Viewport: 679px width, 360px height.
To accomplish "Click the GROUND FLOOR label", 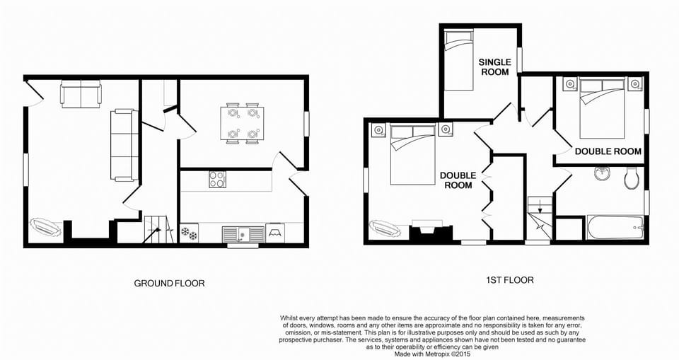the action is [169, 284].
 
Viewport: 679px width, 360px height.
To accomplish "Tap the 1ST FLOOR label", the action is [510, 280].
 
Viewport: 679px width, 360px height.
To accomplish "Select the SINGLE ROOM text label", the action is [495, 67].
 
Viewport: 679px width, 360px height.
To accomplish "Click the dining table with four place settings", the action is [241, 124].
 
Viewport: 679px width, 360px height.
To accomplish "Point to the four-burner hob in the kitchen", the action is [217, 180].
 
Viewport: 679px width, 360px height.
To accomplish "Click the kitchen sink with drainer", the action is [243, 234].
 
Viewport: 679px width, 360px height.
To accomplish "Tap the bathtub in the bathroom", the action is [615, 228].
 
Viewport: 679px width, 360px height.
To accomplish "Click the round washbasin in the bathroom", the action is [602, 173].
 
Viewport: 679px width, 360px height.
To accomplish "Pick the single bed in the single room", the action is [459, 59].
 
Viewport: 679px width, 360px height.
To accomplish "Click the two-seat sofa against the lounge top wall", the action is [81, 93].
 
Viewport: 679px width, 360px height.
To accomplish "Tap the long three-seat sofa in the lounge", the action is [124, 145].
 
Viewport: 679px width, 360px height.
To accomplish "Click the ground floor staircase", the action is [158, 229].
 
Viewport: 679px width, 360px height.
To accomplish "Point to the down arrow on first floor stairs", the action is [540, 208].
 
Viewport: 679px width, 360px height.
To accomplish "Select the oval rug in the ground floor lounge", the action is [45, 228].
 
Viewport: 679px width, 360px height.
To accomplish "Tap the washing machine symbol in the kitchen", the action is [275, 233].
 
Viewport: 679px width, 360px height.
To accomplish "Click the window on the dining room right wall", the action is [306, 124].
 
